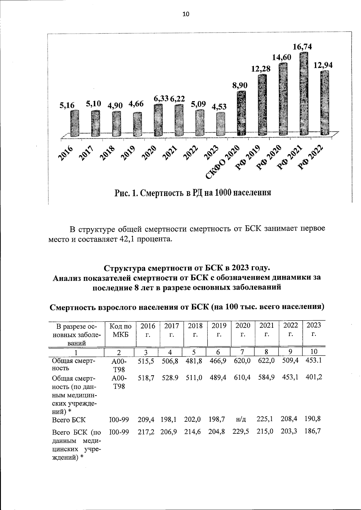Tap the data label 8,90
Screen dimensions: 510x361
(240, 86)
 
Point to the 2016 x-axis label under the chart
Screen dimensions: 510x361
(66, 153)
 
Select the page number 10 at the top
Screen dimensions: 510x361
(186, 14)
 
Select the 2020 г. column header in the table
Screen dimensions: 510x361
(242, 330)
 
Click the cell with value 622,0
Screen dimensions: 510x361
(266, 361)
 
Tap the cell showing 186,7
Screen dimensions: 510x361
(313, 432)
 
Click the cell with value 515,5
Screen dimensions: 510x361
(146, 361)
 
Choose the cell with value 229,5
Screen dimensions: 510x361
(241, 432)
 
